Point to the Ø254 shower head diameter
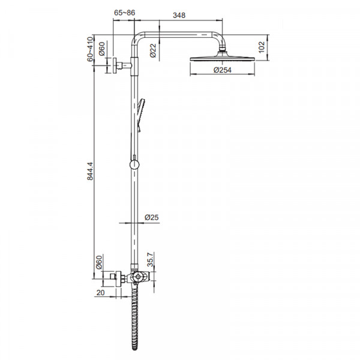pos(223,70)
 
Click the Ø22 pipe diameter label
pos(153,50)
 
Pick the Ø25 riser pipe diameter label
pos(151,218)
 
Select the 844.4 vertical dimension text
pos(90,172)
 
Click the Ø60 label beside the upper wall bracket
pos(102,47)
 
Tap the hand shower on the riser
pos(140,114)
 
